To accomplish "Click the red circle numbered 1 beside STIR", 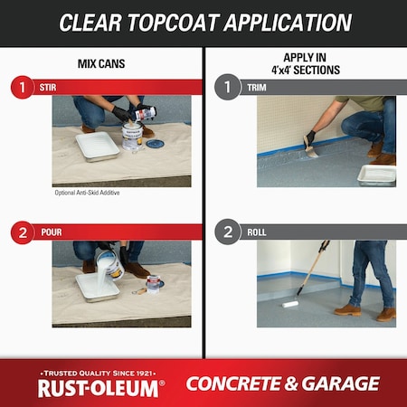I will tap(22, 88).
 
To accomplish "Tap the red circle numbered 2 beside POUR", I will tap(22, 232).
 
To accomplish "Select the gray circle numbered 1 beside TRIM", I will tap(228, 88).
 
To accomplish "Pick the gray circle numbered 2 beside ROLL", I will tap(228, 232).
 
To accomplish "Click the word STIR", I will tap(49, 88).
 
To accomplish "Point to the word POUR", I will tap(52, 232).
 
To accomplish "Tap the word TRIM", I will tap(257, 88).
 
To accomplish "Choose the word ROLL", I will tap(257, 232).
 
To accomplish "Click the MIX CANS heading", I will tap(101, 64).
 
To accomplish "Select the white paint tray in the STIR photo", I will tap(98, 146).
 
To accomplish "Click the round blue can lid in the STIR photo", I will tap(155, 143).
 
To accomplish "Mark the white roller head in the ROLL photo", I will tap(290, 304).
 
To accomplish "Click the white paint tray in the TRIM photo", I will tap(375, 174).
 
